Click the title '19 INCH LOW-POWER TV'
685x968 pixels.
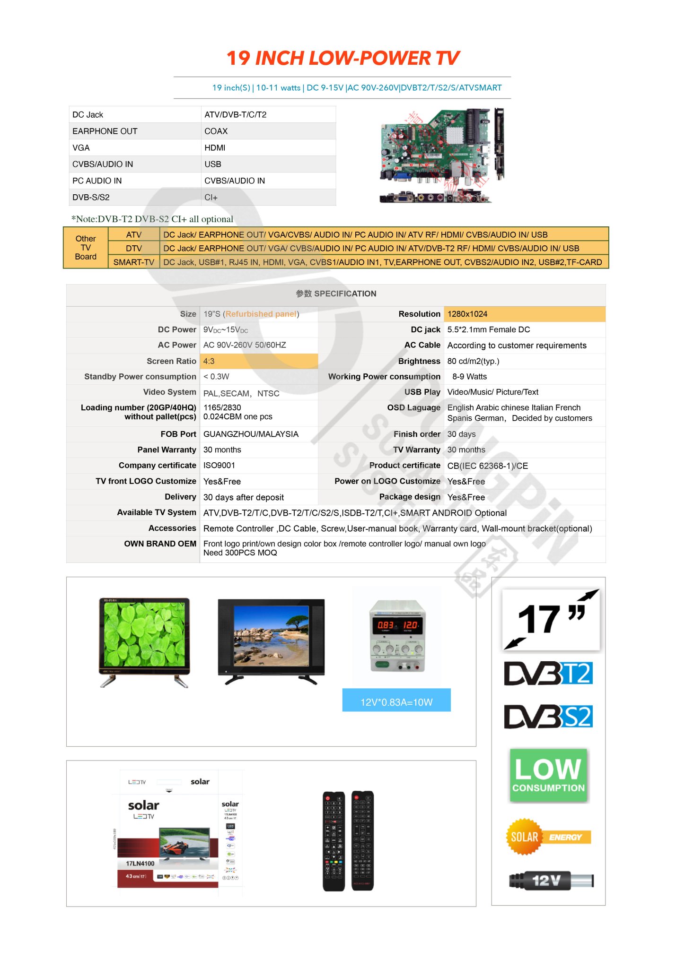click(x=342, y=58)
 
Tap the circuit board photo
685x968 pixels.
click(x=441, y=155)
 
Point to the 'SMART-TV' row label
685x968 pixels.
click(x=134, y=262)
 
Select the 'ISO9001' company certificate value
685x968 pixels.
click(x=219, y=466)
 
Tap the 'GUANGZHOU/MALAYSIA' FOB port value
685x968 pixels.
click(x=251, y=434)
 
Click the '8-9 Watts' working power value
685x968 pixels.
click(x=469, y=377)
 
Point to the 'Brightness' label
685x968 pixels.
click(x=419, y=362)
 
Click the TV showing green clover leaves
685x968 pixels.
click(x=144, y=640)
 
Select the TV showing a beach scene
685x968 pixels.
click(x=271, y=640)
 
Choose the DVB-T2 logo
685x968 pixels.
click(x=548, y=674)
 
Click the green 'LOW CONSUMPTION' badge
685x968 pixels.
click(x=548, y=775)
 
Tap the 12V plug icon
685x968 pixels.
click(x=551, y=881)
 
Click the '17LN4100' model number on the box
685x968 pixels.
click(x=140, y=864)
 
